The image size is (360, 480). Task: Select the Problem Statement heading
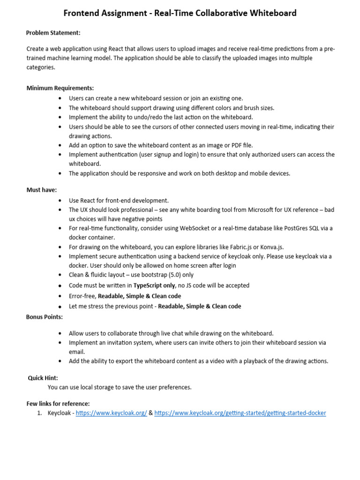53,32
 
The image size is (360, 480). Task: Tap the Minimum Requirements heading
60,88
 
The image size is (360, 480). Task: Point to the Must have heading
41,190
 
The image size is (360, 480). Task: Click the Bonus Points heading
44,317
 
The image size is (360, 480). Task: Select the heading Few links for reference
58,404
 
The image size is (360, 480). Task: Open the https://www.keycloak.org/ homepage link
111,413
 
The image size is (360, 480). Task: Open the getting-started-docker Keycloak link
240,413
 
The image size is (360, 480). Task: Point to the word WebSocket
203,228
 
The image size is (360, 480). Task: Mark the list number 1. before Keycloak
40,413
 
